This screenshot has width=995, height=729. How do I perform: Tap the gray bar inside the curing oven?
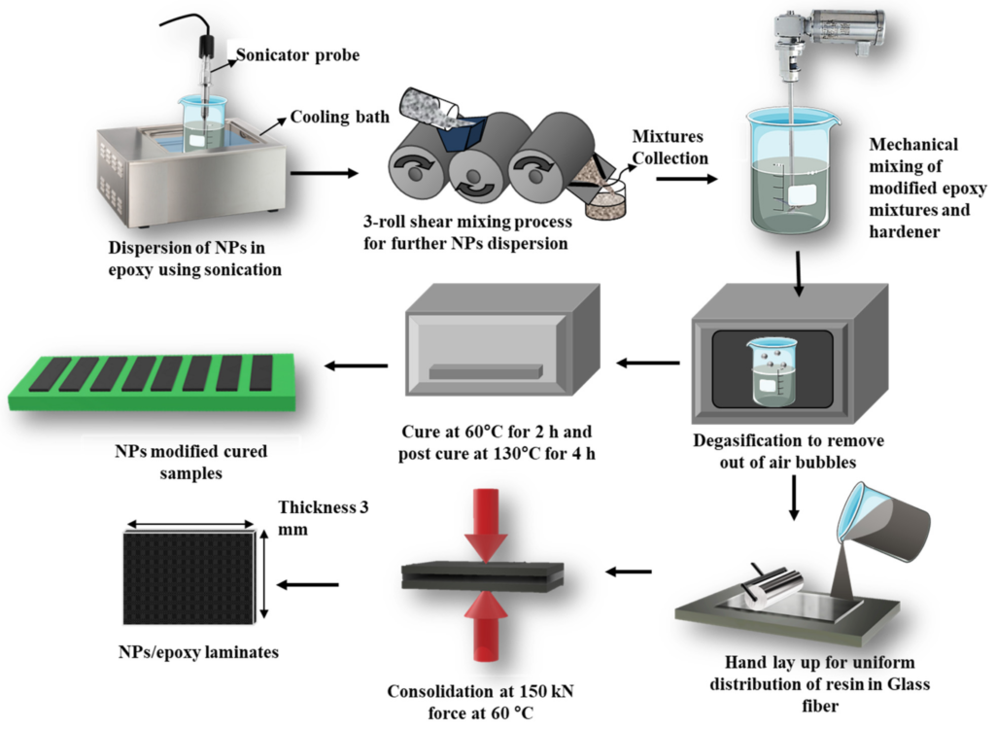pos(484,371)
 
